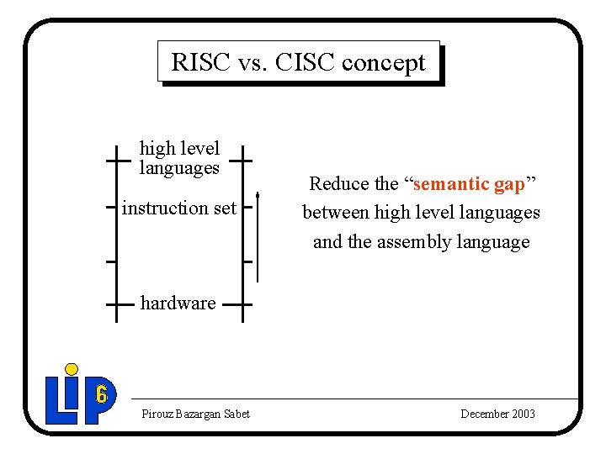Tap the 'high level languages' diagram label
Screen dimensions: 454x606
[x=179, y=158]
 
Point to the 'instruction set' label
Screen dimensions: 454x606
[x=179, y=208]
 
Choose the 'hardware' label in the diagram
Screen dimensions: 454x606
[x=178, y=303]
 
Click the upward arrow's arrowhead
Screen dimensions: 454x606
[x=258, y=199]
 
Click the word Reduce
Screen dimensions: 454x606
[x=339, y=183]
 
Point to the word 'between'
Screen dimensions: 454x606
[x=334, y=213]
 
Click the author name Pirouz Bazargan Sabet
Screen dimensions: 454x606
[x=195, y=414]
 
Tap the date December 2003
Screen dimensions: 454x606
[x=497, y=414]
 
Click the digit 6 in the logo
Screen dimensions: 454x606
[x=101, y=393]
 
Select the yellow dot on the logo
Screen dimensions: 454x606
[x=72, y=368]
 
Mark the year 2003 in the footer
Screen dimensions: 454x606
[x=521, y=414]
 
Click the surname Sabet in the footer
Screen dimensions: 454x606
[x=236, y=414]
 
